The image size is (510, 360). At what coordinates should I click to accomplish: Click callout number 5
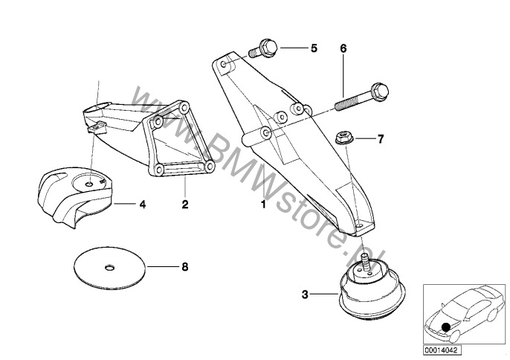click(314, 48)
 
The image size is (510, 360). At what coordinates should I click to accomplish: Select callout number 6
click(343, 48)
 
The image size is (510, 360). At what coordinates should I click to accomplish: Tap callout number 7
click(380, 138)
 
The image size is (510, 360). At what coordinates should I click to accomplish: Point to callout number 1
click(262, 202)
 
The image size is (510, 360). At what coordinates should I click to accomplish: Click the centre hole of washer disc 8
click(109, 266)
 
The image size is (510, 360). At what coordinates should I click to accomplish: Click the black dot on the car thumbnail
click(445, 325)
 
